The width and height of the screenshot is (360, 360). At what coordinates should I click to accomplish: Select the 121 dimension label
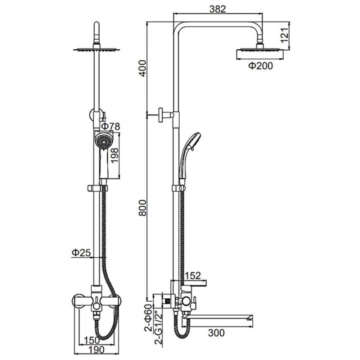284,35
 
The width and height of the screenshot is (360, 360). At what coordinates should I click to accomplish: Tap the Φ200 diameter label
261,66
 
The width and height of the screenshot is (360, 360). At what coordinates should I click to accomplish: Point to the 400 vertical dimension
143,68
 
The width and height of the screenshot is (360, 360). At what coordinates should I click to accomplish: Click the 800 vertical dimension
143,208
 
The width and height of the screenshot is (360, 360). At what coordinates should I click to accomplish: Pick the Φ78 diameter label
111,126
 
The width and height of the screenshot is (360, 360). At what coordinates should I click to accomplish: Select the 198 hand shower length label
114,156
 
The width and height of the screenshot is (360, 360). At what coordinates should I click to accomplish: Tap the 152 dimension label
193,275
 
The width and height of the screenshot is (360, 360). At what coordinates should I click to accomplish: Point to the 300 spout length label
216,333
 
